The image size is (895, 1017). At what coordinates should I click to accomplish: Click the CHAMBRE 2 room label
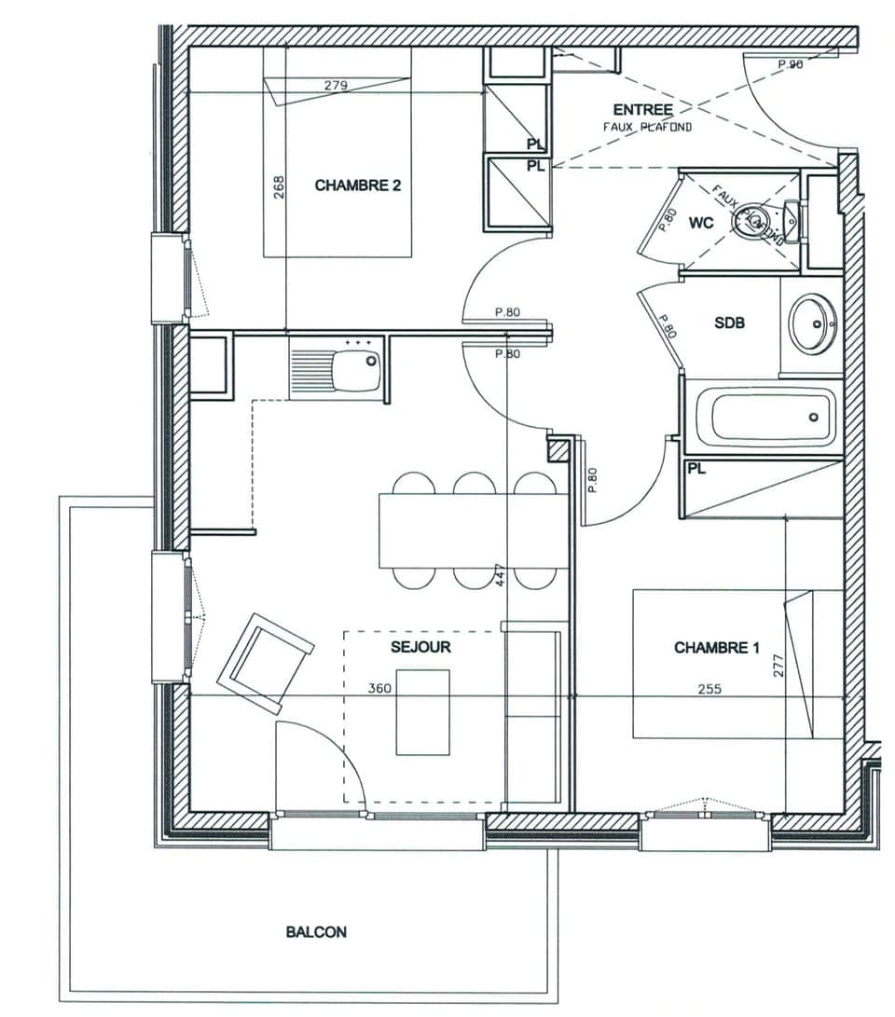(x=357, y=186)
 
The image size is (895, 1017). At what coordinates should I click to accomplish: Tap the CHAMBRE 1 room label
(x=710, y=648)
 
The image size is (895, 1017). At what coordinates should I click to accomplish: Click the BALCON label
(x=316, y=931)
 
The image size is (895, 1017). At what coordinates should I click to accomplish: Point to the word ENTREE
(x=642, y=110)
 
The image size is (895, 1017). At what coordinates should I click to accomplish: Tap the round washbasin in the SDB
(x=812, y=323)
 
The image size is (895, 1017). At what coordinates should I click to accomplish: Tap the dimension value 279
(x=336, y=86)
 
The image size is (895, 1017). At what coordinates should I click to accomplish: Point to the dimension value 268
(x=278, y=190)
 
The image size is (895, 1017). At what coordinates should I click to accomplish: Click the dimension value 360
(x=379, y=689)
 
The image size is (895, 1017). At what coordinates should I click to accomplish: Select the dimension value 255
(x=710, y=689)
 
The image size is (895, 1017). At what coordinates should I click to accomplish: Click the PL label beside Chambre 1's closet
(x=695, y=469)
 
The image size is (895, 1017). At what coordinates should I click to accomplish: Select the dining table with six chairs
(x=473, y=530)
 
